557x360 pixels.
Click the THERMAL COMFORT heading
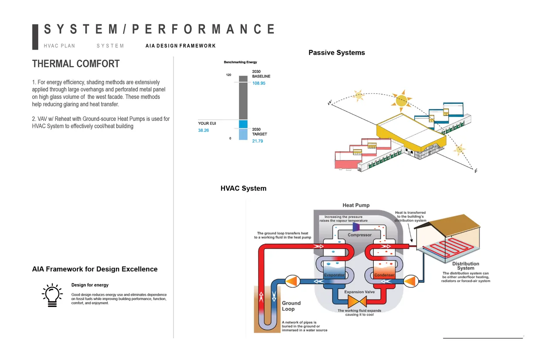click(x=76, y=64)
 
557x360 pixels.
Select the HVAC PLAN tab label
click(x=59, y=46)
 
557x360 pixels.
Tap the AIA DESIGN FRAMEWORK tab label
click(x=181, y=46)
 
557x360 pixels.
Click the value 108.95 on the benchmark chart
click(x=258, y=83)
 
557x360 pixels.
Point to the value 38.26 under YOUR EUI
click(x=204, y=130)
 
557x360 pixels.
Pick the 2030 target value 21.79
click(x=258, y=141)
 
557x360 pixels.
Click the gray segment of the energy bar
click(x=243, y=100)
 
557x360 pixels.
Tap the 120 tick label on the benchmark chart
click(x=228, y=75)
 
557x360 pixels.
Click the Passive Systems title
click(x=336, y=53)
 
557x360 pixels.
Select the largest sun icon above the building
click(x=399, y=100)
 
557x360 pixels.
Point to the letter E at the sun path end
click(x=476, y=171)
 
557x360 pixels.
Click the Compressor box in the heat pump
click(x=359, y=235)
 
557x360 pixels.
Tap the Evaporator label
click(x=334, y=275)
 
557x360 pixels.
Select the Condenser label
click(x=385, y=275)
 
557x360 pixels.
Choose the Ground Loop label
click(x=291, y=306)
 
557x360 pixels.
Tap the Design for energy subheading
click(x=90, y=285)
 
